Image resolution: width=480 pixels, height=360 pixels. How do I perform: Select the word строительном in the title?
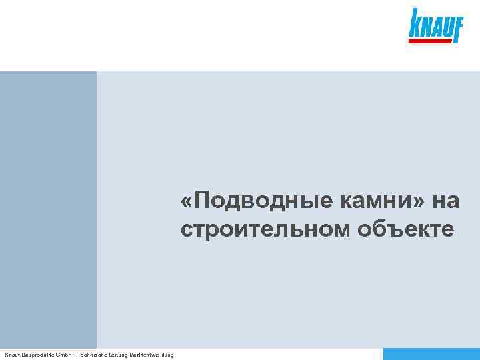point(265,229)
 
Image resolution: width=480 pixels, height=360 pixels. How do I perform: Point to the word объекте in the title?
point(407,229)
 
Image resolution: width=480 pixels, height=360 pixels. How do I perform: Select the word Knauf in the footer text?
point(12,355)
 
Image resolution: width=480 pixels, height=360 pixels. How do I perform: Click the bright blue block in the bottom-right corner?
point(431,354)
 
